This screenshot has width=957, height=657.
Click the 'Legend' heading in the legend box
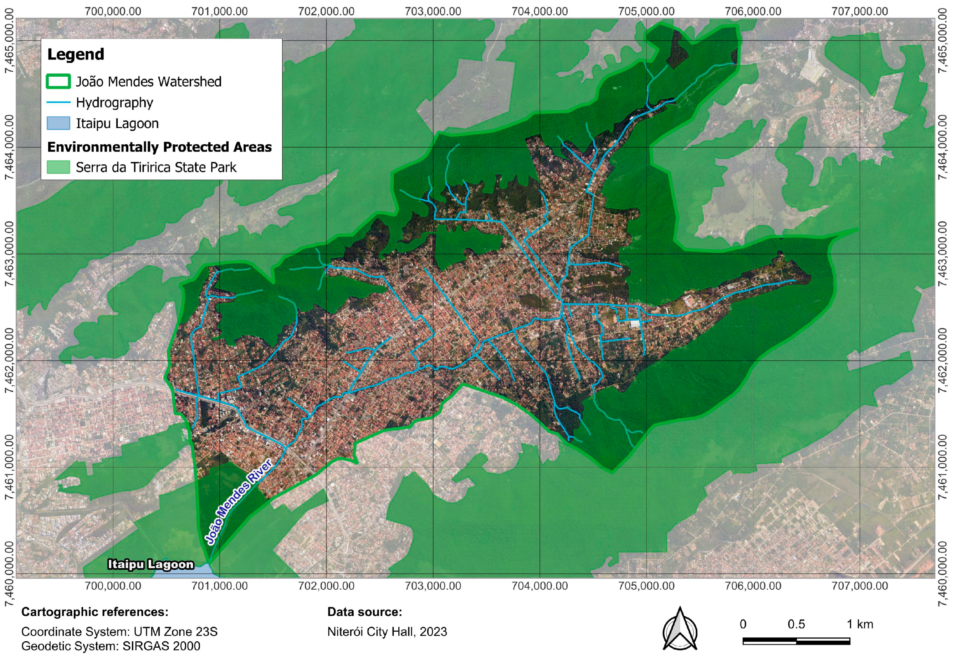click(76, 54)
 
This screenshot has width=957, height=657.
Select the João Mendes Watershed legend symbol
click(58, 82)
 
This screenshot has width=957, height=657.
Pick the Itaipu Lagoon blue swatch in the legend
click(58, 123)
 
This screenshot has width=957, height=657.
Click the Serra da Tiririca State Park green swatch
click(58, 167)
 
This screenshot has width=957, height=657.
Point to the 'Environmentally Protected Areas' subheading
click(159, 147)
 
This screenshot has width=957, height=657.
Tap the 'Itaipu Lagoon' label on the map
click(151, 564)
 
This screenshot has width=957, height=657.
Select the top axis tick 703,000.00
click(433, 11)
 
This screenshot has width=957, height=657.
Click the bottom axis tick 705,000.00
click(646, 586)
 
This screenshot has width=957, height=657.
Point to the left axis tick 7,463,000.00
click(9, 253)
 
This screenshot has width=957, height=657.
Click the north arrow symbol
click(680, 629)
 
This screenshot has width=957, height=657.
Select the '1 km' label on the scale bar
click(860, 625)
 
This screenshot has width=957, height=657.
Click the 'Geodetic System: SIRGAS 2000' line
click(111, 646)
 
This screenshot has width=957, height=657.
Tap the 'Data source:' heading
click(364, 612)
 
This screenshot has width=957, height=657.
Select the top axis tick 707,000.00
click(860, 11)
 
